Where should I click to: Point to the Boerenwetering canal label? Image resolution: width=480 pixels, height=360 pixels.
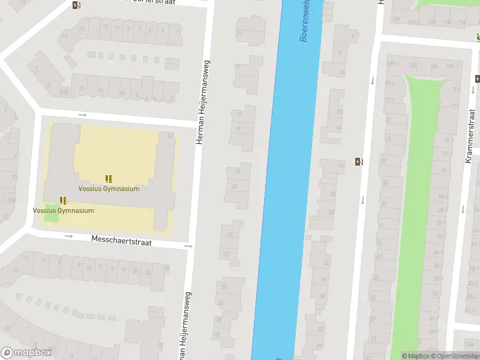click(x=306, y=22)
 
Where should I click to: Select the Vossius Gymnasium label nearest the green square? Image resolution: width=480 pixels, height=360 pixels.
click(x=64, y=211)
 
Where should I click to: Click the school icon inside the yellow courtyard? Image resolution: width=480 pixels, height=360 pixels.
click(x=109, y=179)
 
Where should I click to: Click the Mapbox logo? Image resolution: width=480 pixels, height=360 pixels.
click(x=26, y=353)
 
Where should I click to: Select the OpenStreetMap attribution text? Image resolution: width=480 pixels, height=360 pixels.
click(x=454, y=356)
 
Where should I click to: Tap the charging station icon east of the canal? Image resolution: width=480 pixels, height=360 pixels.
click(x=359, y=161)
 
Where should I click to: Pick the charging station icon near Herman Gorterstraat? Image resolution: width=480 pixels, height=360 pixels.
click(x=76, y=5)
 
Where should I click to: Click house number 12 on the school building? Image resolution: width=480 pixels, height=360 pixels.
click(x=170, y=136)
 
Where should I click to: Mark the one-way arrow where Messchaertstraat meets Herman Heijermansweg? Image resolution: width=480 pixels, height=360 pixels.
click(x=188, y=246)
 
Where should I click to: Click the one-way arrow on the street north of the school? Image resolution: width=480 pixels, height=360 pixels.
click(x=82, y=115)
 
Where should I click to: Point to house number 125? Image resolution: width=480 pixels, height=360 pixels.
click(x=412, y=65)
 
